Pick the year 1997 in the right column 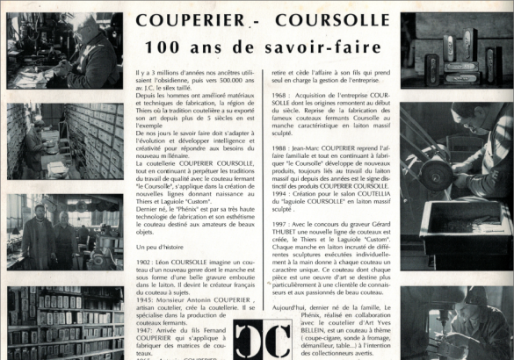pyautogui.click(x=281, y=227)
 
